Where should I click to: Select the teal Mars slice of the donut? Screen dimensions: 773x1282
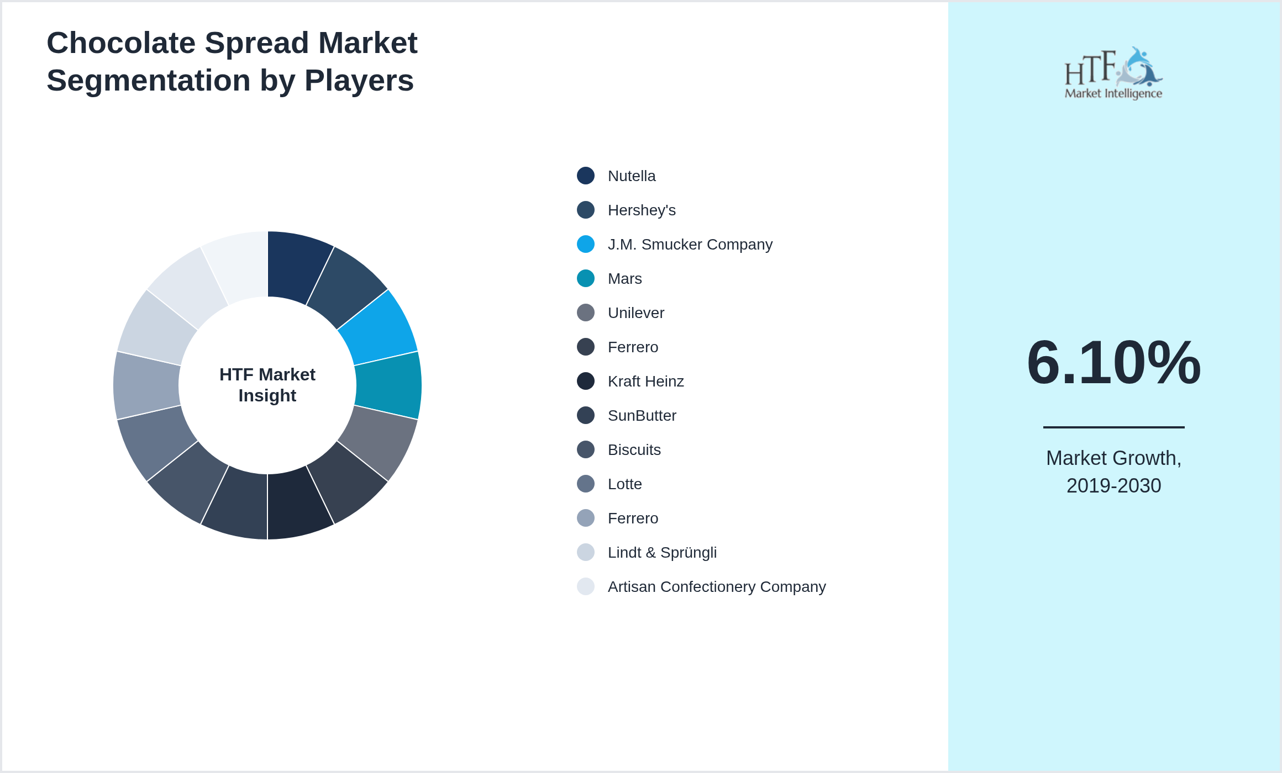point(388,385)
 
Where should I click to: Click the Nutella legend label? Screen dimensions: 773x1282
point(631,176)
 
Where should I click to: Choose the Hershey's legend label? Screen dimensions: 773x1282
point(641,210)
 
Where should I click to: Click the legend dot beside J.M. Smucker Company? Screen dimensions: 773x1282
point(586,244)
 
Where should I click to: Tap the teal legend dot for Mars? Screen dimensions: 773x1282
point(586,278)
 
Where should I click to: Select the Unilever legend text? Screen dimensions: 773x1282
point(635,313)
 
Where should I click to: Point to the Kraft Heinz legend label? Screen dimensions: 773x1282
point(645,382)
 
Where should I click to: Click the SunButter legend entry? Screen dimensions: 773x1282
point(642,416)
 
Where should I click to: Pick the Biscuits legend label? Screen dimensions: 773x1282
point(634,450)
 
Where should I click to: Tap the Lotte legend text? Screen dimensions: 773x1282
point(624,484)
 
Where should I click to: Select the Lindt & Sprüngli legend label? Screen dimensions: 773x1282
point(661,553)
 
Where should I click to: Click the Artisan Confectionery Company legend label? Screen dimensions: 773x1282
point(716,587)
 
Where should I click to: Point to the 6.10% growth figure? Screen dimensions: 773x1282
point(1113,362)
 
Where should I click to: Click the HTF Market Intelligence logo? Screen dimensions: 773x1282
point(1113,73)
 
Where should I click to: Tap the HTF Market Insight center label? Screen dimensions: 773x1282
point(267,385)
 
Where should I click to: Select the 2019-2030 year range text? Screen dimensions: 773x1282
point(1113,486)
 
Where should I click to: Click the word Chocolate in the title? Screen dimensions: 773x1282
point(121,43)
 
